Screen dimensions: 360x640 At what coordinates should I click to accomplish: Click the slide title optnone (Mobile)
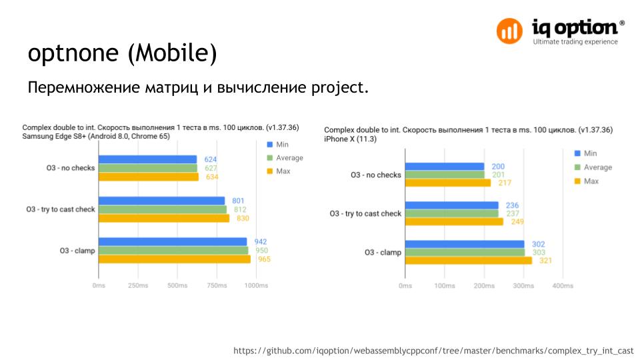pyautogui.click(x=122, y=54)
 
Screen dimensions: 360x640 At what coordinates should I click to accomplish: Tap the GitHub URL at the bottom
pyautogui.click(x=433, y=351)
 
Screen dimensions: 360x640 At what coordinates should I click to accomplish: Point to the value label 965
pyautogui.click(x=265, y=259)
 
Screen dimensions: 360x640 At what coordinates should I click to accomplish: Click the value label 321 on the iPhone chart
pyautogui.click(x=547, y=261)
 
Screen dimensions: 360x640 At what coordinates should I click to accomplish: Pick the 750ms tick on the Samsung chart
pyautogui.click(x=217, y=285)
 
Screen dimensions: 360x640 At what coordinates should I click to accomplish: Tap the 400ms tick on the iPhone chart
pyautogui.click(x=563, y=285)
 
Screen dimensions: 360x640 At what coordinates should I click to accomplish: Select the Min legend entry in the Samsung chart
pyautogui.click(x=278, y=145)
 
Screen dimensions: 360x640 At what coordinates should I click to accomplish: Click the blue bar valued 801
pyautogui.click(x=161, y=201)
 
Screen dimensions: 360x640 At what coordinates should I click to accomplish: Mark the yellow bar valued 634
pyautogui.click(x=148, y=177)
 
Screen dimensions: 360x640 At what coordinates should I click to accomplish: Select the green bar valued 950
pyautogui.click(x=173, y=251)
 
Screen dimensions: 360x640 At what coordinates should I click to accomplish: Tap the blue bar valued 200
pyautogui.click(x=444, y=167)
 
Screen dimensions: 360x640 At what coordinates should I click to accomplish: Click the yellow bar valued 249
pyautogui.click(x=454, y=221)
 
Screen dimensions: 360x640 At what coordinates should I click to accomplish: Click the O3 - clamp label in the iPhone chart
pyautogui.click(x=383, y=253)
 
